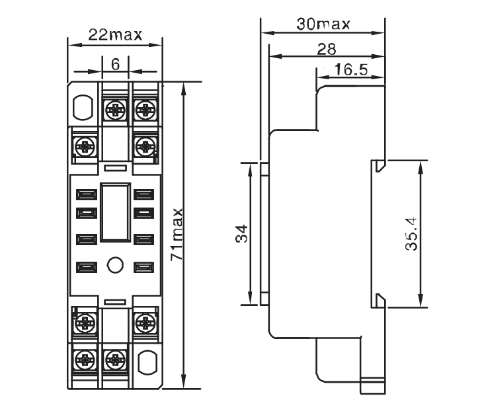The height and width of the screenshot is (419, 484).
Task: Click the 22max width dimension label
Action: click(x=115, y=35)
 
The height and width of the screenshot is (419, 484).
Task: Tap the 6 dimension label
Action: click(x=115, y=65)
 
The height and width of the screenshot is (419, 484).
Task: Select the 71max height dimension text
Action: click(x=177, y=235)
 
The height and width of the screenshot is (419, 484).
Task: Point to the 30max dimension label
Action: click(x=323, y=24)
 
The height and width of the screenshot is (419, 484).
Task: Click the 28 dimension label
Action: click(x=327, y=50)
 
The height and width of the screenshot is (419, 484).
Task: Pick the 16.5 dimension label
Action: click(x=351, y=69)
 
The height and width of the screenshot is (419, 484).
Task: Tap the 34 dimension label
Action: click(x=241, y=233)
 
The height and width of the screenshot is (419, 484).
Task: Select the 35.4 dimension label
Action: click(x=411, y=234)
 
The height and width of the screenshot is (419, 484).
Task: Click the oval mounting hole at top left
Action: click(x=83, y=107)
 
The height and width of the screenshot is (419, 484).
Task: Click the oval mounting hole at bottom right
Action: click(x=147, y=363)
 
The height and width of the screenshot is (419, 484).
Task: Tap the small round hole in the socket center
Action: click(x=115, y=265)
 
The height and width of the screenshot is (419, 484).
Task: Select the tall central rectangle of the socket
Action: click(x=115, y=212)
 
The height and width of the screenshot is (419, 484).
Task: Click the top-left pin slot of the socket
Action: click(x=87, y=195)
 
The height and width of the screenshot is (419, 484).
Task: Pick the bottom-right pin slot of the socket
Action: click(x=143, y=268)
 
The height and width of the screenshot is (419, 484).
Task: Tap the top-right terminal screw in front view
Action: click(x=145, y=109)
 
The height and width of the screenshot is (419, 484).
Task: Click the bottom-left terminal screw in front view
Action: click(x=85, y=360)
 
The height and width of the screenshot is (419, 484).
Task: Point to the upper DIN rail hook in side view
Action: click(x=380, y=166)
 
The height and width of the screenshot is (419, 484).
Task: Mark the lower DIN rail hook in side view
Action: click(x=380, y=301)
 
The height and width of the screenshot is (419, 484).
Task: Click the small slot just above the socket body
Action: click(x=115, y=168)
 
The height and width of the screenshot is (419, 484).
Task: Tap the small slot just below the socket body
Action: click(x=115, y=302)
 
